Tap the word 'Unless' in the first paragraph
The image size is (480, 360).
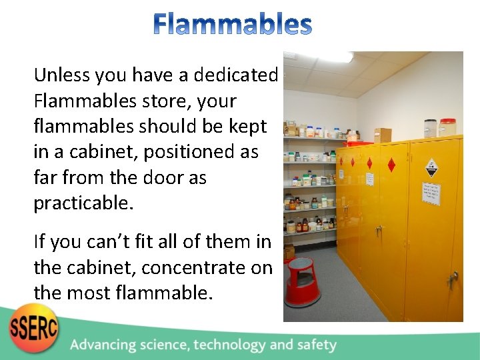point(63,75)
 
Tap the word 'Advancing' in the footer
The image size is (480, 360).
point(108,345)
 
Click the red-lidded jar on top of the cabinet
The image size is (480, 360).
point(448,127)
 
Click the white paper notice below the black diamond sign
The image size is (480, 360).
point(429,193)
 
